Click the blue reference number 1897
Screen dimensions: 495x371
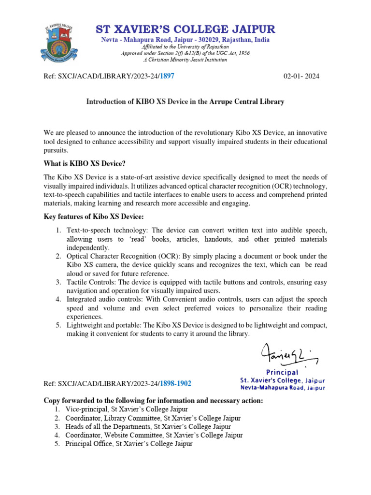167,76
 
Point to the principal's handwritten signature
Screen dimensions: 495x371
288,357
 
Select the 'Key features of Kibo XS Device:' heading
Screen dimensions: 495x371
94,217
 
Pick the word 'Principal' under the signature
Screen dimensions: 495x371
283,373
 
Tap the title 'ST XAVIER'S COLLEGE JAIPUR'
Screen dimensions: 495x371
185,29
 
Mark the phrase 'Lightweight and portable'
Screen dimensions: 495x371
102,325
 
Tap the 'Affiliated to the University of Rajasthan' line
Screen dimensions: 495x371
185,47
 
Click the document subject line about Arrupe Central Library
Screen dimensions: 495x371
185,102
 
